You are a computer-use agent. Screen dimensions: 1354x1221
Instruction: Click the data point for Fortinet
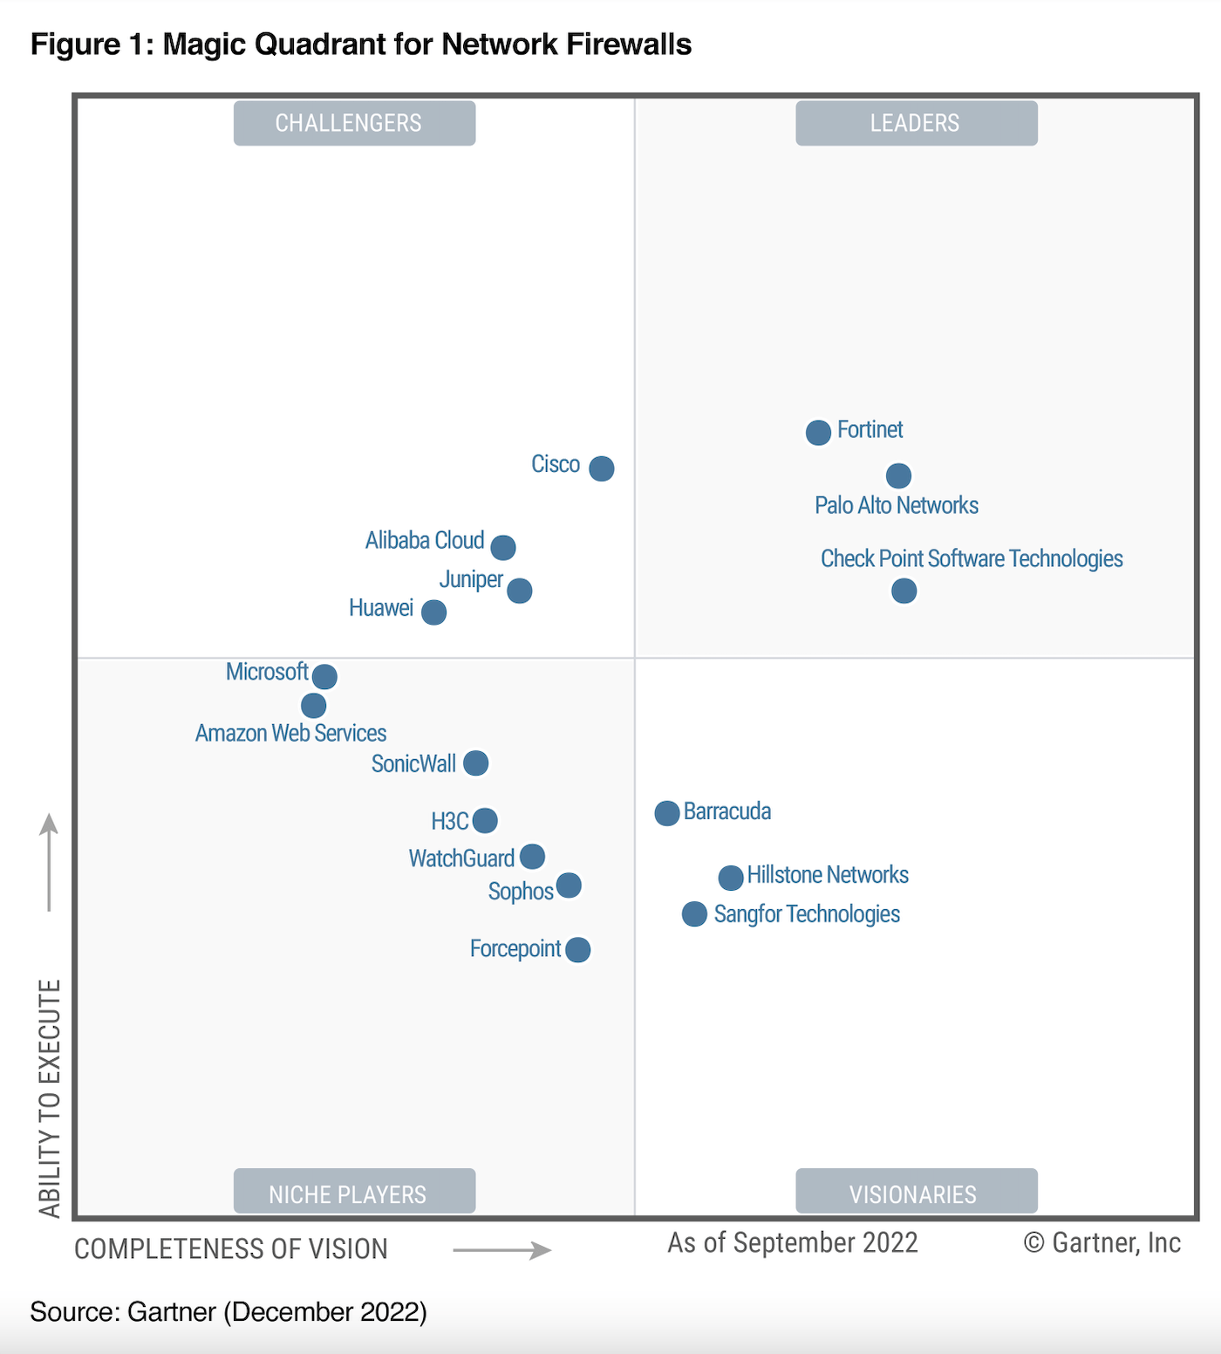coord(818,432)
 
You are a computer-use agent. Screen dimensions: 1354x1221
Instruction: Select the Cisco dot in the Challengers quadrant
coord(601,468)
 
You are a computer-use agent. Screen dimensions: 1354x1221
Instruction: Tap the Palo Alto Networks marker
coord(898,475)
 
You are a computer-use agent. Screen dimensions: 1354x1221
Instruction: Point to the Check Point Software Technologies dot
coord(904,591)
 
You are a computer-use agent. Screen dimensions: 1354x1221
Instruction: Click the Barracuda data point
coord(667,813)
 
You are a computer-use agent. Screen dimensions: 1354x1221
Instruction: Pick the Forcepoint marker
coord(577,949)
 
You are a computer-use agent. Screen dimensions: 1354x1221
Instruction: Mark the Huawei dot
coord(433,612)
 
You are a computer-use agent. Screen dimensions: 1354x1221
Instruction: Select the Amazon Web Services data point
coord(313,705)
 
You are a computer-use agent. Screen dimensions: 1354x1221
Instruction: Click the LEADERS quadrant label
coord(916,123)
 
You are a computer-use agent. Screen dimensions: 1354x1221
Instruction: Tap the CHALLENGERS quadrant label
coord(354,123)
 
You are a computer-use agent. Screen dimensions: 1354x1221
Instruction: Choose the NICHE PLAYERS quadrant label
coord(354,1193)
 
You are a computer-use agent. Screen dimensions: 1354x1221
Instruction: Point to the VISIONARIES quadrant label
coord(916,1193)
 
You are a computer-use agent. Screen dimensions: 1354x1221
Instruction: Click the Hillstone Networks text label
coord(828,875)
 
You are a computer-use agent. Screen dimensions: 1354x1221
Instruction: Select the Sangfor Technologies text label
coord(807,914)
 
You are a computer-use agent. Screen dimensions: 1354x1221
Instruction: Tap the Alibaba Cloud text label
coord(425,541)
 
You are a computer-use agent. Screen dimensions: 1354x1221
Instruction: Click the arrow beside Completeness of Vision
coord(502,1250)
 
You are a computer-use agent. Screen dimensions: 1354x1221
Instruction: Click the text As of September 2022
coord(793,1243)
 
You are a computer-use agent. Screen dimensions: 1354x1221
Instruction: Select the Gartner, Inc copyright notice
coord(1102,1243)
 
